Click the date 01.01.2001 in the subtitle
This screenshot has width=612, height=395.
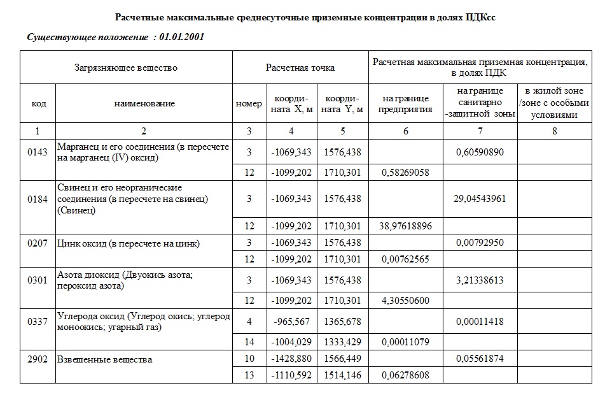coord(181,37)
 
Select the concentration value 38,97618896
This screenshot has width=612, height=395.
coord(405,226)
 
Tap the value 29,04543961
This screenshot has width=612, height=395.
coord(480,199)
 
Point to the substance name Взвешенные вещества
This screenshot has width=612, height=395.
coord(105,359)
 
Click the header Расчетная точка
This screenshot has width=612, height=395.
coord(300,68)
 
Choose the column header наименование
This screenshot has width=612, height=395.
coord(144,103)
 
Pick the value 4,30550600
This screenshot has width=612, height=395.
coord(405,301)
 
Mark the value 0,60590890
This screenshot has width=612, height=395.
coord(480,153)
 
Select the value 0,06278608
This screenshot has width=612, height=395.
coord(405,376)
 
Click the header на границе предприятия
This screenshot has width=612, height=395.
coord(405,103)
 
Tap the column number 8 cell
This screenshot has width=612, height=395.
coord(554,131)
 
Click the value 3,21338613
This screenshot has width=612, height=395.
coord(480,280)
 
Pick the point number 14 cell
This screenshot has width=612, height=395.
coord(249,343)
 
